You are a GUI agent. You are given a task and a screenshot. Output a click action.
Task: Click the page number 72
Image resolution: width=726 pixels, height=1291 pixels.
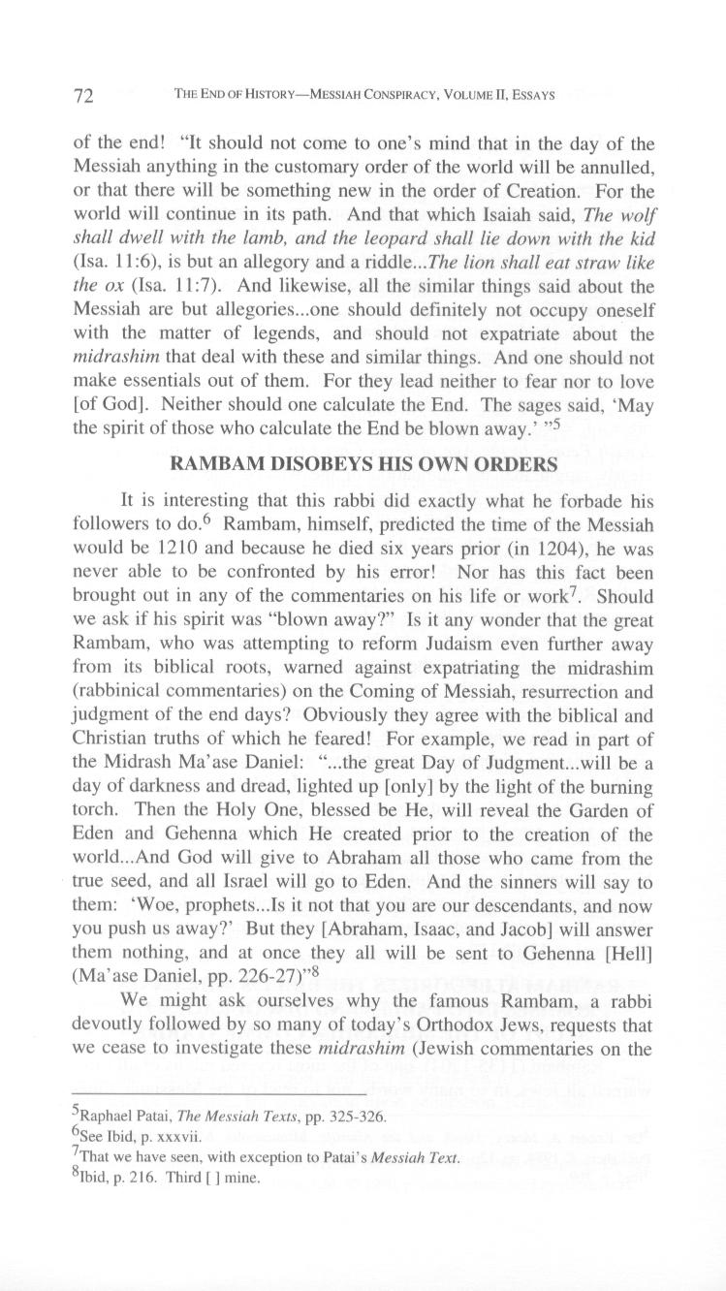tap(83, 96)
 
